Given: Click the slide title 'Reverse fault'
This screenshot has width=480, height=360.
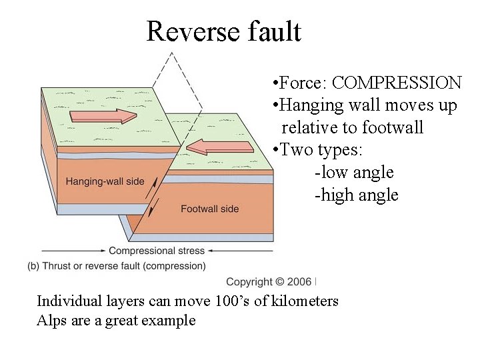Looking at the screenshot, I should tap(223, 31).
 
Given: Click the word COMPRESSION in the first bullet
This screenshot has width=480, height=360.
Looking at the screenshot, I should tap(396, 83).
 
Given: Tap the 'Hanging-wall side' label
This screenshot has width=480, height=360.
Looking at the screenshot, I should tap(103, 181).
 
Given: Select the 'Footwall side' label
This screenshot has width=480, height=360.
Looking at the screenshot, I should tap(209, 209).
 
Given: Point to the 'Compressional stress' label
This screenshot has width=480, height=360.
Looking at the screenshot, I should tap(157, 251).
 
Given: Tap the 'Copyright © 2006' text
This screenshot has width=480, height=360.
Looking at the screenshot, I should tap(269, 282).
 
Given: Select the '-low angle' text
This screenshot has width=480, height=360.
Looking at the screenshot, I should tap(353, 172).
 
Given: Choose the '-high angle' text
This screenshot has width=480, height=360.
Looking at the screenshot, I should tap(356, 195).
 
